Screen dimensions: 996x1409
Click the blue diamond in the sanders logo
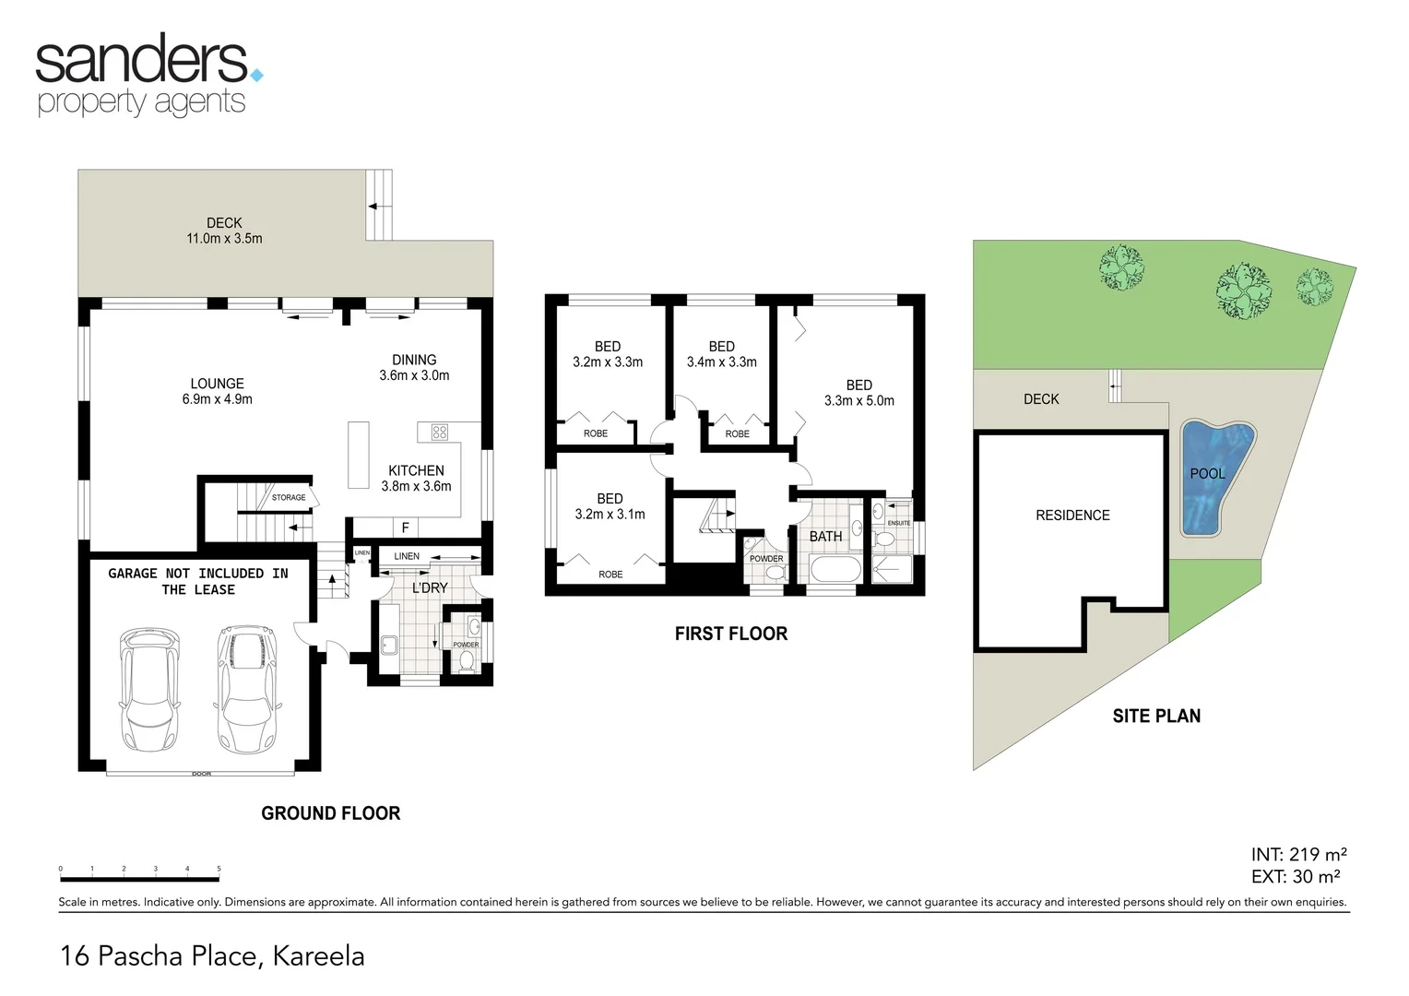click(x=256, y=75)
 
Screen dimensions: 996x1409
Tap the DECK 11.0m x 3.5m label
click(x=224, y=231)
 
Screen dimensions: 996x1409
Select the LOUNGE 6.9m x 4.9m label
click(x=217, y=391)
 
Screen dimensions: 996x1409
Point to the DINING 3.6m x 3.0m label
click(x=414, y=367)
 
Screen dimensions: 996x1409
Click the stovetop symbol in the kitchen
click(x=439, y=432)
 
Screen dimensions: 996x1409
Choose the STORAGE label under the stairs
click(x=289, y=497)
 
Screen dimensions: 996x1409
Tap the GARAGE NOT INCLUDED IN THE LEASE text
click(x=198, y=581)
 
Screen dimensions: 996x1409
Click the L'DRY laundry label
click(x=430, y=587)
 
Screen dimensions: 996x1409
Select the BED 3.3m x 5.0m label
click(x=858, y=393)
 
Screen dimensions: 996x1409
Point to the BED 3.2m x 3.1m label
click(x=610, y=506)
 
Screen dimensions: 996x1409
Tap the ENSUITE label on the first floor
click(x=898, y=523)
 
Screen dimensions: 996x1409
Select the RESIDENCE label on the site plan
click(x=1072, y=516)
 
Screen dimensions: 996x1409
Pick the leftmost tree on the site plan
click(x=1121, y=267)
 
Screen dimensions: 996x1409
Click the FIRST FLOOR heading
click(x=731, y=634)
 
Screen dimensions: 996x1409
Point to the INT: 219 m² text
click(x=1298, y=855)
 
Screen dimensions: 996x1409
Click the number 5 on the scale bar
click(x=219, y=869)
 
